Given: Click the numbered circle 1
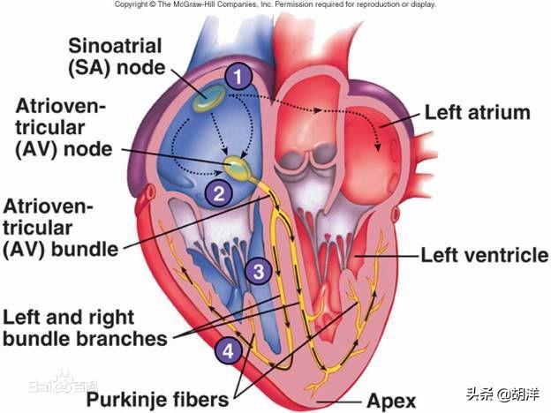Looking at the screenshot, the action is [x=238, y=77].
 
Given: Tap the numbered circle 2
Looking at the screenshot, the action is [x=219, y=193].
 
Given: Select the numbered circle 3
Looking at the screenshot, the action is [x=259, y=271].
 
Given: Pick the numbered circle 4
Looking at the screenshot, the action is [x=228, y=350].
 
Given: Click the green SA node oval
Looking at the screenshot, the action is [x=208, y=98].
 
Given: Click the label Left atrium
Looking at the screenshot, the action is [x=478, y=112].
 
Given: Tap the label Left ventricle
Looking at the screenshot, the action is [x=485, y=255].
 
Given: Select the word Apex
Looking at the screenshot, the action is [x=391, y=401].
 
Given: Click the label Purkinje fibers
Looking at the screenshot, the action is [x=157, y=399].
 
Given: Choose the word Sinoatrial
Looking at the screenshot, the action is [x=115, y=46].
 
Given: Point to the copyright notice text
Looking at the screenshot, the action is [x=275, y=4].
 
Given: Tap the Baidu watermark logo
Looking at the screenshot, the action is [x=64, y=384].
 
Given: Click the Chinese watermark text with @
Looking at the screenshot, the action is [x=503, y=394].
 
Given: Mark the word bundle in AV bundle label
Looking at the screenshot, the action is [x=85, y=250].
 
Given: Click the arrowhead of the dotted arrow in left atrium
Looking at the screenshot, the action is [x=378, y=148].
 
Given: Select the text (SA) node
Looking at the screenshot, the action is [x=117, y=67].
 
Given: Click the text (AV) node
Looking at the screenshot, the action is [x=64, y=150].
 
